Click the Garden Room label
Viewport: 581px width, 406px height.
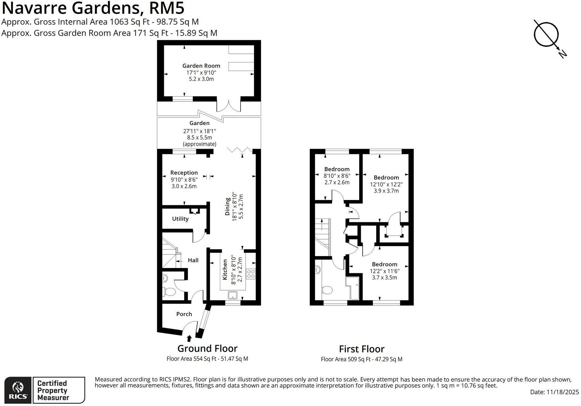tap(201, 65)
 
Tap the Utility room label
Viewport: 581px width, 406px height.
tap(180, 219)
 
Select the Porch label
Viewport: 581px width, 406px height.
tap(184, 314)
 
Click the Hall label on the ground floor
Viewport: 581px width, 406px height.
tap(193, 260)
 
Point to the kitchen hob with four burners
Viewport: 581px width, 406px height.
tap(251, 274)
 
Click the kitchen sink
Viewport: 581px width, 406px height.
tap(233, 295)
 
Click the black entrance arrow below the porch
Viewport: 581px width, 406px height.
tap(189, 338)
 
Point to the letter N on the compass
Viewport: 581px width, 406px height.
tap(563, 54)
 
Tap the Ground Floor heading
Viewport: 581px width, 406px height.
tap(207, 349)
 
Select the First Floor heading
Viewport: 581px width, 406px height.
tap(362, 349)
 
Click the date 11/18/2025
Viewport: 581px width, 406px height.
tap(563, 392)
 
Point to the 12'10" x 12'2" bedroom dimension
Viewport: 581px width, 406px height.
tap(386, 184)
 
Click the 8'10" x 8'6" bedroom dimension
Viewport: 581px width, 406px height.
tap(337, 176)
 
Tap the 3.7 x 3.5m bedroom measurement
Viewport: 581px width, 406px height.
tap(384, 278)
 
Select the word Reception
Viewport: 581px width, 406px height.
tap(184, 173)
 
